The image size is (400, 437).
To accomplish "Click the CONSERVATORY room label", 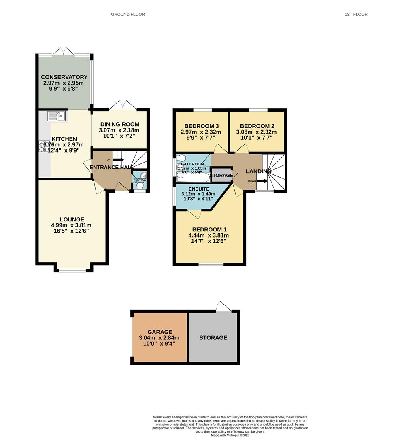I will (x=64, y=77).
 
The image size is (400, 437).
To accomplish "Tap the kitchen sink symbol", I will (x=57, y=116).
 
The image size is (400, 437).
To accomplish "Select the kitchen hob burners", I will (x=44, y=146).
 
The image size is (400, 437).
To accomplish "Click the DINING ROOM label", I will (x=119, y=124).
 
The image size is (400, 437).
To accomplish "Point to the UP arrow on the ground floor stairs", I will (x=118, y=159).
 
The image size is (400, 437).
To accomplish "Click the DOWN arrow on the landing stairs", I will (x=262, y=181).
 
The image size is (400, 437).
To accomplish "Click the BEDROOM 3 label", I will (x=201, y=125).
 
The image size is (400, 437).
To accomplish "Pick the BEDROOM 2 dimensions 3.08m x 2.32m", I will (x=256, y=132).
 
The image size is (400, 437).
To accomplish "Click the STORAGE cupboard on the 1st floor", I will (x=221, y=175).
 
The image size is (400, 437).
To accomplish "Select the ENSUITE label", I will (x=199, y=189).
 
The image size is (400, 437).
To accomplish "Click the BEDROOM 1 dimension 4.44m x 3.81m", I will (x=209, y=235).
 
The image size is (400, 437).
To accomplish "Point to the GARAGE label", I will (x=160, y=332).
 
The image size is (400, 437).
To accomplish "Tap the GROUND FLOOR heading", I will (x=128, y=15).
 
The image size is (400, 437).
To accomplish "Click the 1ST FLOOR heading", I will (x=356, y=15).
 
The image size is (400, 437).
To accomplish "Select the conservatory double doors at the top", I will (x=64, y=52).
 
